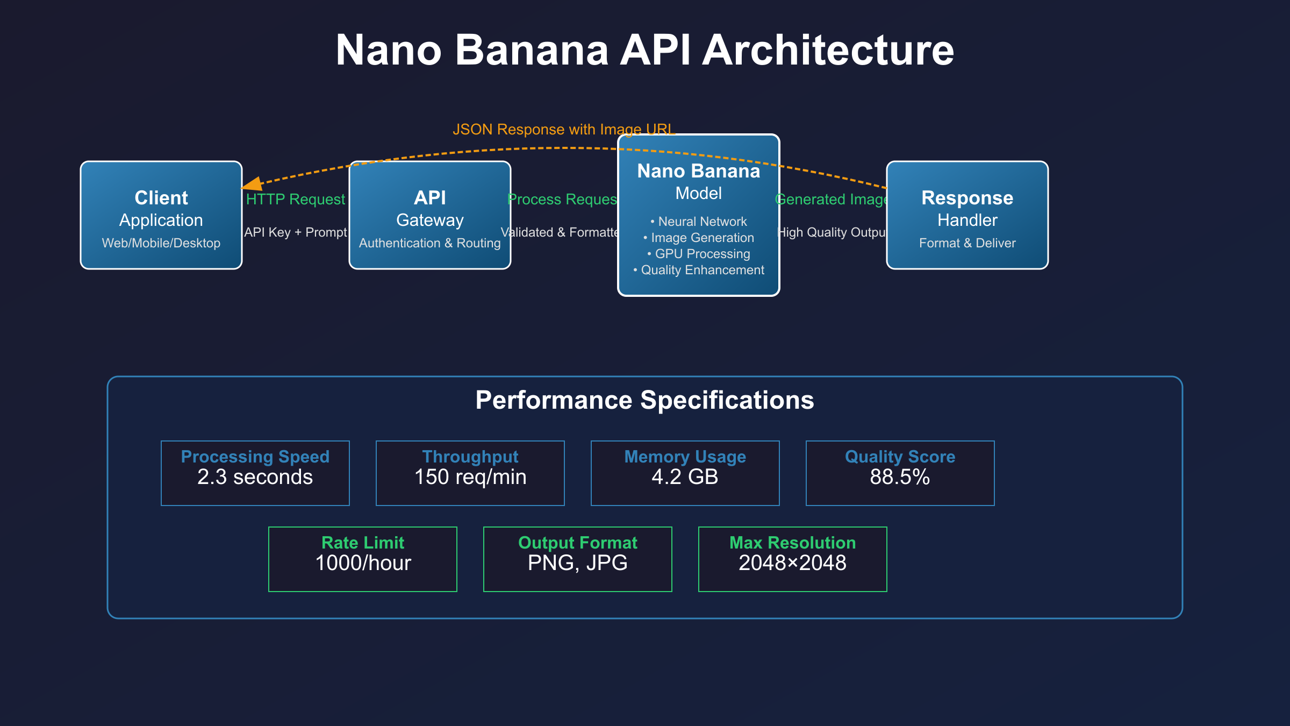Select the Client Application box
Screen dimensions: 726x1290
pos(161,215)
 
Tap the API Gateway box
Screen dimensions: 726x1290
pos(429,215)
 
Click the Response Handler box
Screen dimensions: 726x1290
pos(967,215)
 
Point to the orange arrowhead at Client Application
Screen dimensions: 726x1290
pos(252,184)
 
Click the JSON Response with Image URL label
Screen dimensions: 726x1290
pos(563,130)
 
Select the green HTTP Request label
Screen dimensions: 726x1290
pos(295,200)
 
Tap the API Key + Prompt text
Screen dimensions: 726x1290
pos(295,232)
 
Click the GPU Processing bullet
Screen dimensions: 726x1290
pos(699,254)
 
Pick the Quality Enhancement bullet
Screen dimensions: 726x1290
pos(699,270)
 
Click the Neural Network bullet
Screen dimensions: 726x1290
pos(699,222)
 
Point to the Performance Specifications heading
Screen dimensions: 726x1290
pos(644,401)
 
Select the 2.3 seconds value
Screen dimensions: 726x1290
pos(255,477)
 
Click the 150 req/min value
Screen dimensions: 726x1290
pos(470,477)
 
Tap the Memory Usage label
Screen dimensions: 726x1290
pos(685,457)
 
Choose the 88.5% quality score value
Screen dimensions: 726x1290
pos(900,477)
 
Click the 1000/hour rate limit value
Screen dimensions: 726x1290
pos(363,563)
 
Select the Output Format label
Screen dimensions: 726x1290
pos(578,543)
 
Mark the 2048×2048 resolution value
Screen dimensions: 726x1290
pos(792,563)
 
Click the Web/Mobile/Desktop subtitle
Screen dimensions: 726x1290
pos(161,243)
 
